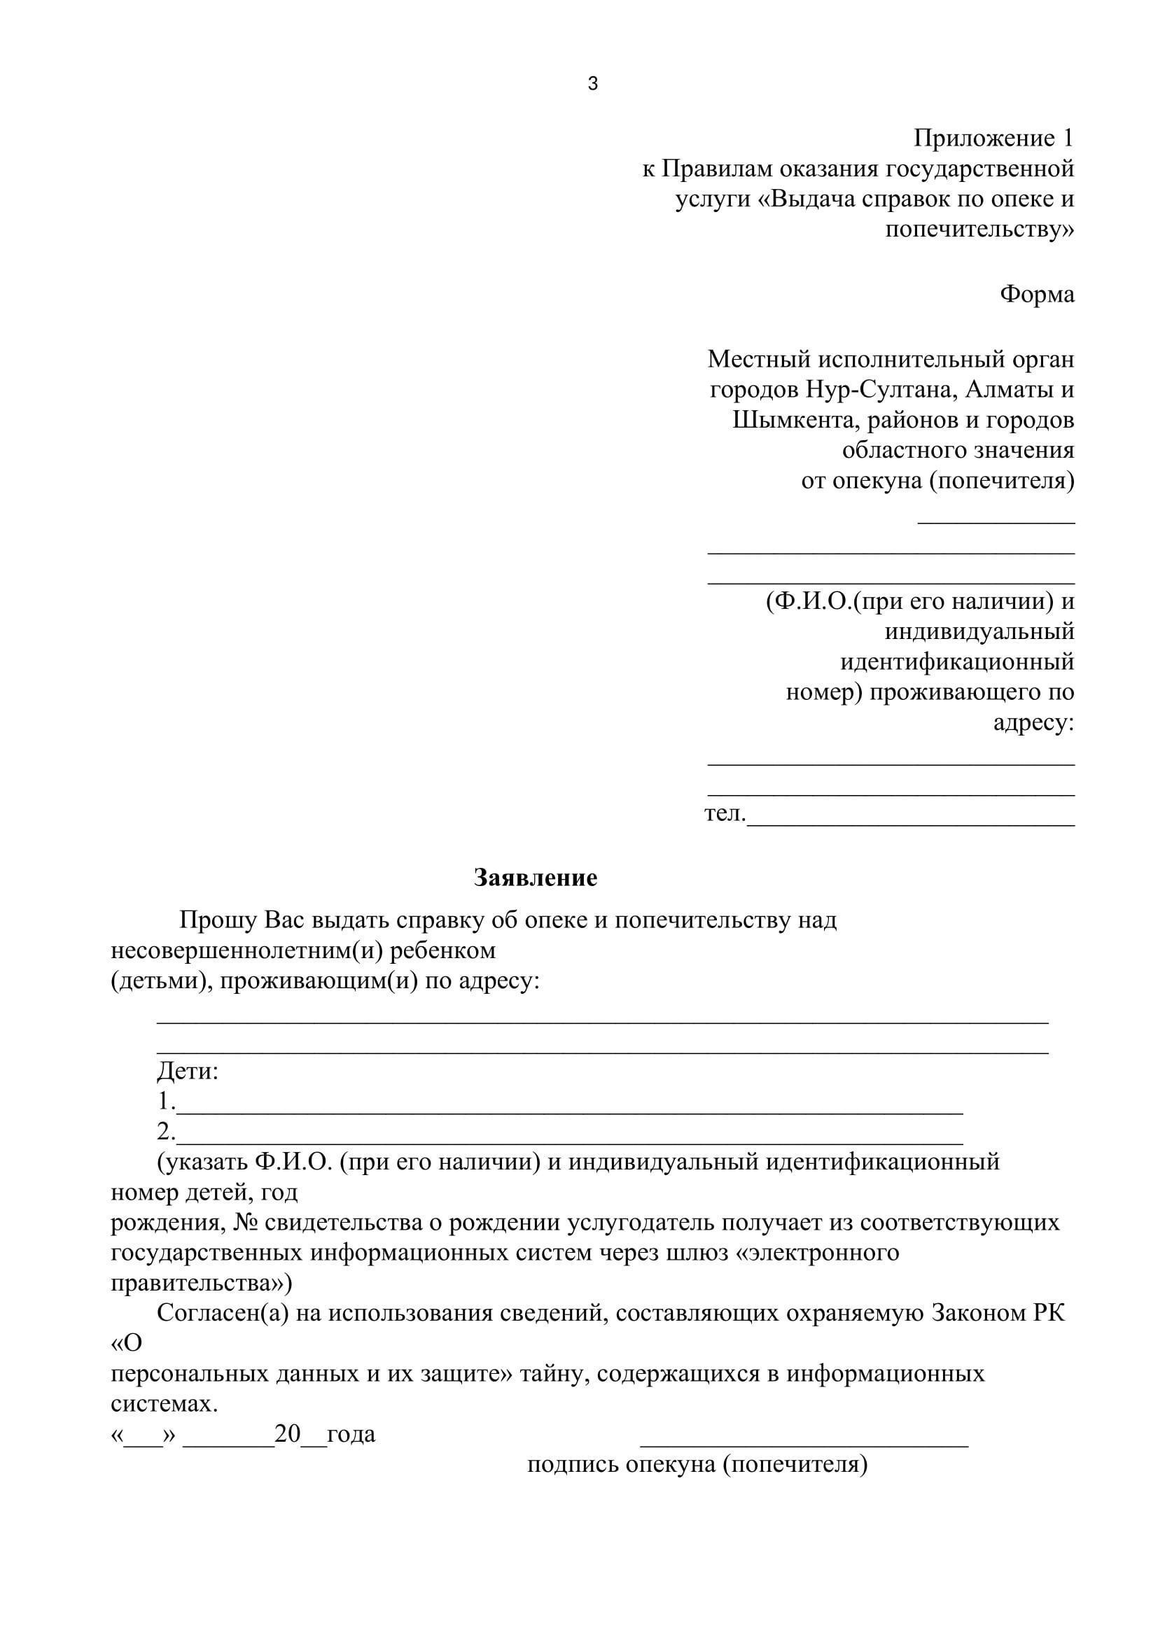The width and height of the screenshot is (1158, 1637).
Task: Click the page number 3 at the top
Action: pos(592,84)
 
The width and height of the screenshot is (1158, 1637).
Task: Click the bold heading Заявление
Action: pos(536,878)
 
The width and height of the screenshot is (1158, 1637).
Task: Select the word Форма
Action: pos(1037,294)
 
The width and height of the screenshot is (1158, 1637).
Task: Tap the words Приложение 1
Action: pos(993,138)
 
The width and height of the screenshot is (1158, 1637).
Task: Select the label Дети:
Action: pos(188,1071)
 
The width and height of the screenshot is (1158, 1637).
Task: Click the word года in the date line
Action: pos(351,1434)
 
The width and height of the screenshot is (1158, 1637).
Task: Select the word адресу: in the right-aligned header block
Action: pos(1034,723)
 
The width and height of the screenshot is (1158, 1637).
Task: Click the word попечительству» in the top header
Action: pos(979,230)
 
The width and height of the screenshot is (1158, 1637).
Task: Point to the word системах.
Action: pos(164,1404)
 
